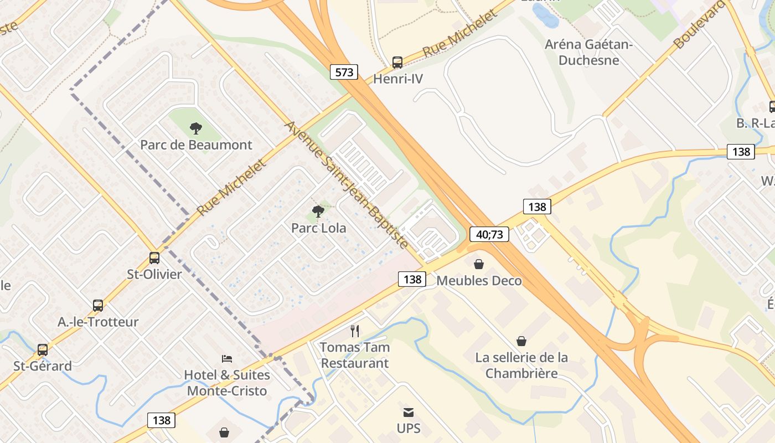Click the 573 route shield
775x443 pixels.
(344, 72)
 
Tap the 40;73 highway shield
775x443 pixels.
(489, 234)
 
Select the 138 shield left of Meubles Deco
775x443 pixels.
(412, 279)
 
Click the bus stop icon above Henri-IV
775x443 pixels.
(397, 62)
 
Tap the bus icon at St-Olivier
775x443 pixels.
(154, 257)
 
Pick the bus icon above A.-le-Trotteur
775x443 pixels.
(98, 305)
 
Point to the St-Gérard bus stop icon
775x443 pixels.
(43, 349)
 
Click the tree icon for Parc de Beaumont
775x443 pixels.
(195, 128)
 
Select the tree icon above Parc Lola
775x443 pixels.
(318, 211)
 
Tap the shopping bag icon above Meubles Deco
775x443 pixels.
(479, 264)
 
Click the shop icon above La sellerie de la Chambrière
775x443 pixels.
(521, 341)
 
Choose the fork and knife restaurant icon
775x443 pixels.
(355, 331)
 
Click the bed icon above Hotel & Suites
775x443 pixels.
(226, 359)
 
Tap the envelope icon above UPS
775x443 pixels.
(409, 412)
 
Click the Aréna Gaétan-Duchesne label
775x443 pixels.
(588, 52)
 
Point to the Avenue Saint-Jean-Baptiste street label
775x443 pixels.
(347, 184)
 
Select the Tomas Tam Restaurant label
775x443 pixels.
(355, 356)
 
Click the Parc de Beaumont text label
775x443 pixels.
(196, 145)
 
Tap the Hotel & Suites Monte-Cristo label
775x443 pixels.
(227, 383)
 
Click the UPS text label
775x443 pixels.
(409, 429)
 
